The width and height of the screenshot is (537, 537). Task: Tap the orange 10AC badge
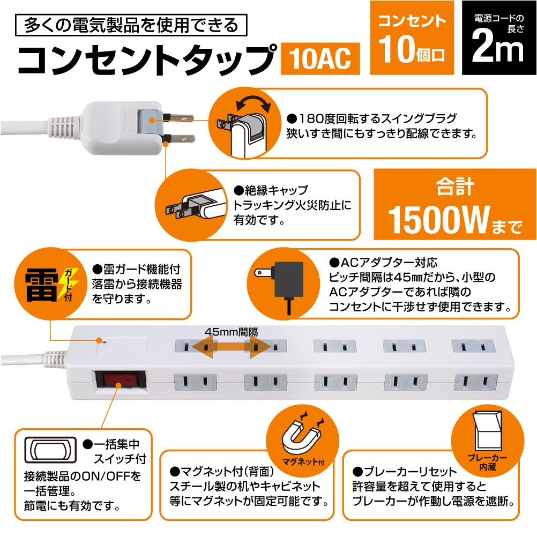320,58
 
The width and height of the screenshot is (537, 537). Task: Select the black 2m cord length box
498,38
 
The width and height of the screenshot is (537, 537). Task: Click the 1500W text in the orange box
438,220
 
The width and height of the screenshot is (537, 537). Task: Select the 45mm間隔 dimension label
232,332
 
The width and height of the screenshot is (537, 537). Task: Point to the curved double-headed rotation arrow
253,101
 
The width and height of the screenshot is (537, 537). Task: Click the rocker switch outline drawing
50,450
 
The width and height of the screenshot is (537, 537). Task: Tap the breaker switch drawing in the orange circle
487,432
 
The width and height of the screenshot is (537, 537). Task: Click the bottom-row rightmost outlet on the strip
475,382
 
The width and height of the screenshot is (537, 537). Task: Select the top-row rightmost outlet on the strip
473,346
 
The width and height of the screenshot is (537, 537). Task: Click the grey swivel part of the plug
151,120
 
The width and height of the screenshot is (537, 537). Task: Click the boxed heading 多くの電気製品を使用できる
131,25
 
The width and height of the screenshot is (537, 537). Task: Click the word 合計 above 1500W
455,187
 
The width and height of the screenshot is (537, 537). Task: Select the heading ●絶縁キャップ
271,190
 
